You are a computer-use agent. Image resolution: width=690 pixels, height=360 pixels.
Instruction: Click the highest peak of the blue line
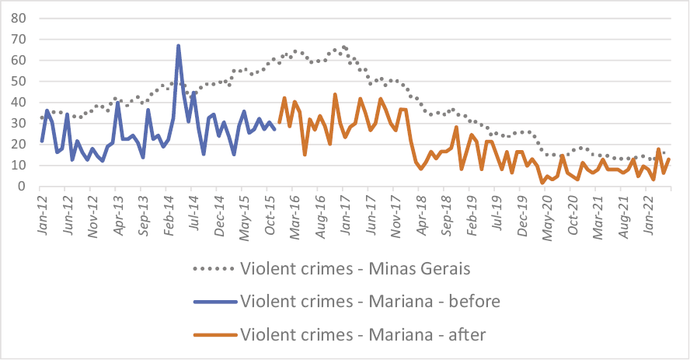pos(178,46)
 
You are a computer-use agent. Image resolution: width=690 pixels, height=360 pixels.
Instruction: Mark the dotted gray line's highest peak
pos(343,47)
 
